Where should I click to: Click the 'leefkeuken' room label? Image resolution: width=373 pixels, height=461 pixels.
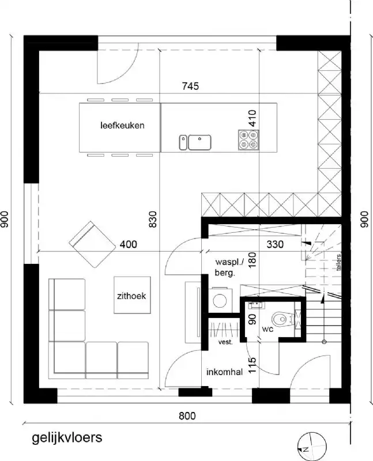[122, 125]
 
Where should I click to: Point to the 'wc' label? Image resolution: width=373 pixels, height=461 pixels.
[267, 330]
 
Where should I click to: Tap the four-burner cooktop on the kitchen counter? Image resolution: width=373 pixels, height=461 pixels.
[248, 139]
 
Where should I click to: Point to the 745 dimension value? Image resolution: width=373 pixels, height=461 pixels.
[190, 87]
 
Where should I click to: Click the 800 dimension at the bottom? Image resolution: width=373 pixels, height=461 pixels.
[187, 415]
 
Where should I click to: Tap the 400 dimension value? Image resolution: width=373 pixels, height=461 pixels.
[129, 245]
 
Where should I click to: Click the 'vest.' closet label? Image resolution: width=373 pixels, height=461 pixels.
[225, 342]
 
